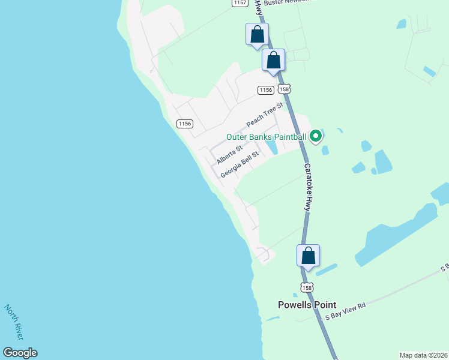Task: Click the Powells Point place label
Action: [307, 305]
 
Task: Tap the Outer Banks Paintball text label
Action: [266, 137]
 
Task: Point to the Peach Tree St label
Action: [264, 115]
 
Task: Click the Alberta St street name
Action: [229, 155]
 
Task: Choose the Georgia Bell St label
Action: [239, 164]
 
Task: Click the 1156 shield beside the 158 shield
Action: [265, 90]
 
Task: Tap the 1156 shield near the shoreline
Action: [185, 124]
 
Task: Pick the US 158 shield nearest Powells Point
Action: [307, 288]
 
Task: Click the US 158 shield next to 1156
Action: [284, 89]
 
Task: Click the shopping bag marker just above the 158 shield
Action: [273, 60]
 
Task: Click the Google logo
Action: [20, 353]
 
